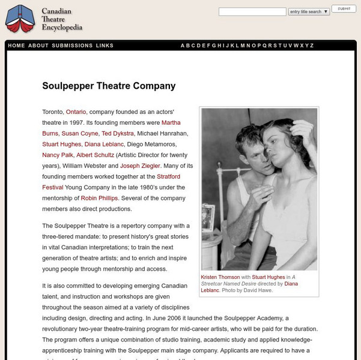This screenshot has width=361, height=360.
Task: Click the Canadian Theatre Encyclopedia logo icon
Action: tap(20, 19)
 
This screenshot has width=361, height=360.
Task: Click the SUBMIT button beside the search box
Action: tap(344, 9)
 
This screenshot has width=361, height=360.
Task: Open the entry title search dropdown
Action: tap(309, 11)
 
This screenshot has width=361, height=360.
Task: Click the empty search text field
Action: tap(252, 11)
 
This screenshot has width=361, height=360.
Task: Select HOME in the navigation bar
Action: tap(17, 46)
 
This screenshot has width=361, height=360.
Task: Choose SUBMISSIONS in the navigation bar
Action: tap(72, 46)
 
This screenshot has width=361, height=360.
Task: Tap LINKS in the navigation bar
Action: tap(105, 46)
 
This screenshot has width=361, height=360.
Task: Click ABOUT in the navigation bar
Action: tap(38, 46)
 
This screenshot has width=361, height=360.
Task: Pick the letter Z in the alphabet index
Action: tap(312, 46)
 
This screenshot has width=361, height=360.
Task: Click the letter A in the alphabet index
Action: tap(183, 46)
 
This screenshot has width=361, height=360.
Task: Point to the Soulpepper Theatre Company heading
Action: tap(100, 85)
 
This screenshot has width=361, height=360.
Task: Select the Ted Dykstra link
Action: tap(118, 133)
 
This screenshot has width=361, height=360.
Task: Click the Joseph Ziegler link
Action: tap(139, 166)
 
